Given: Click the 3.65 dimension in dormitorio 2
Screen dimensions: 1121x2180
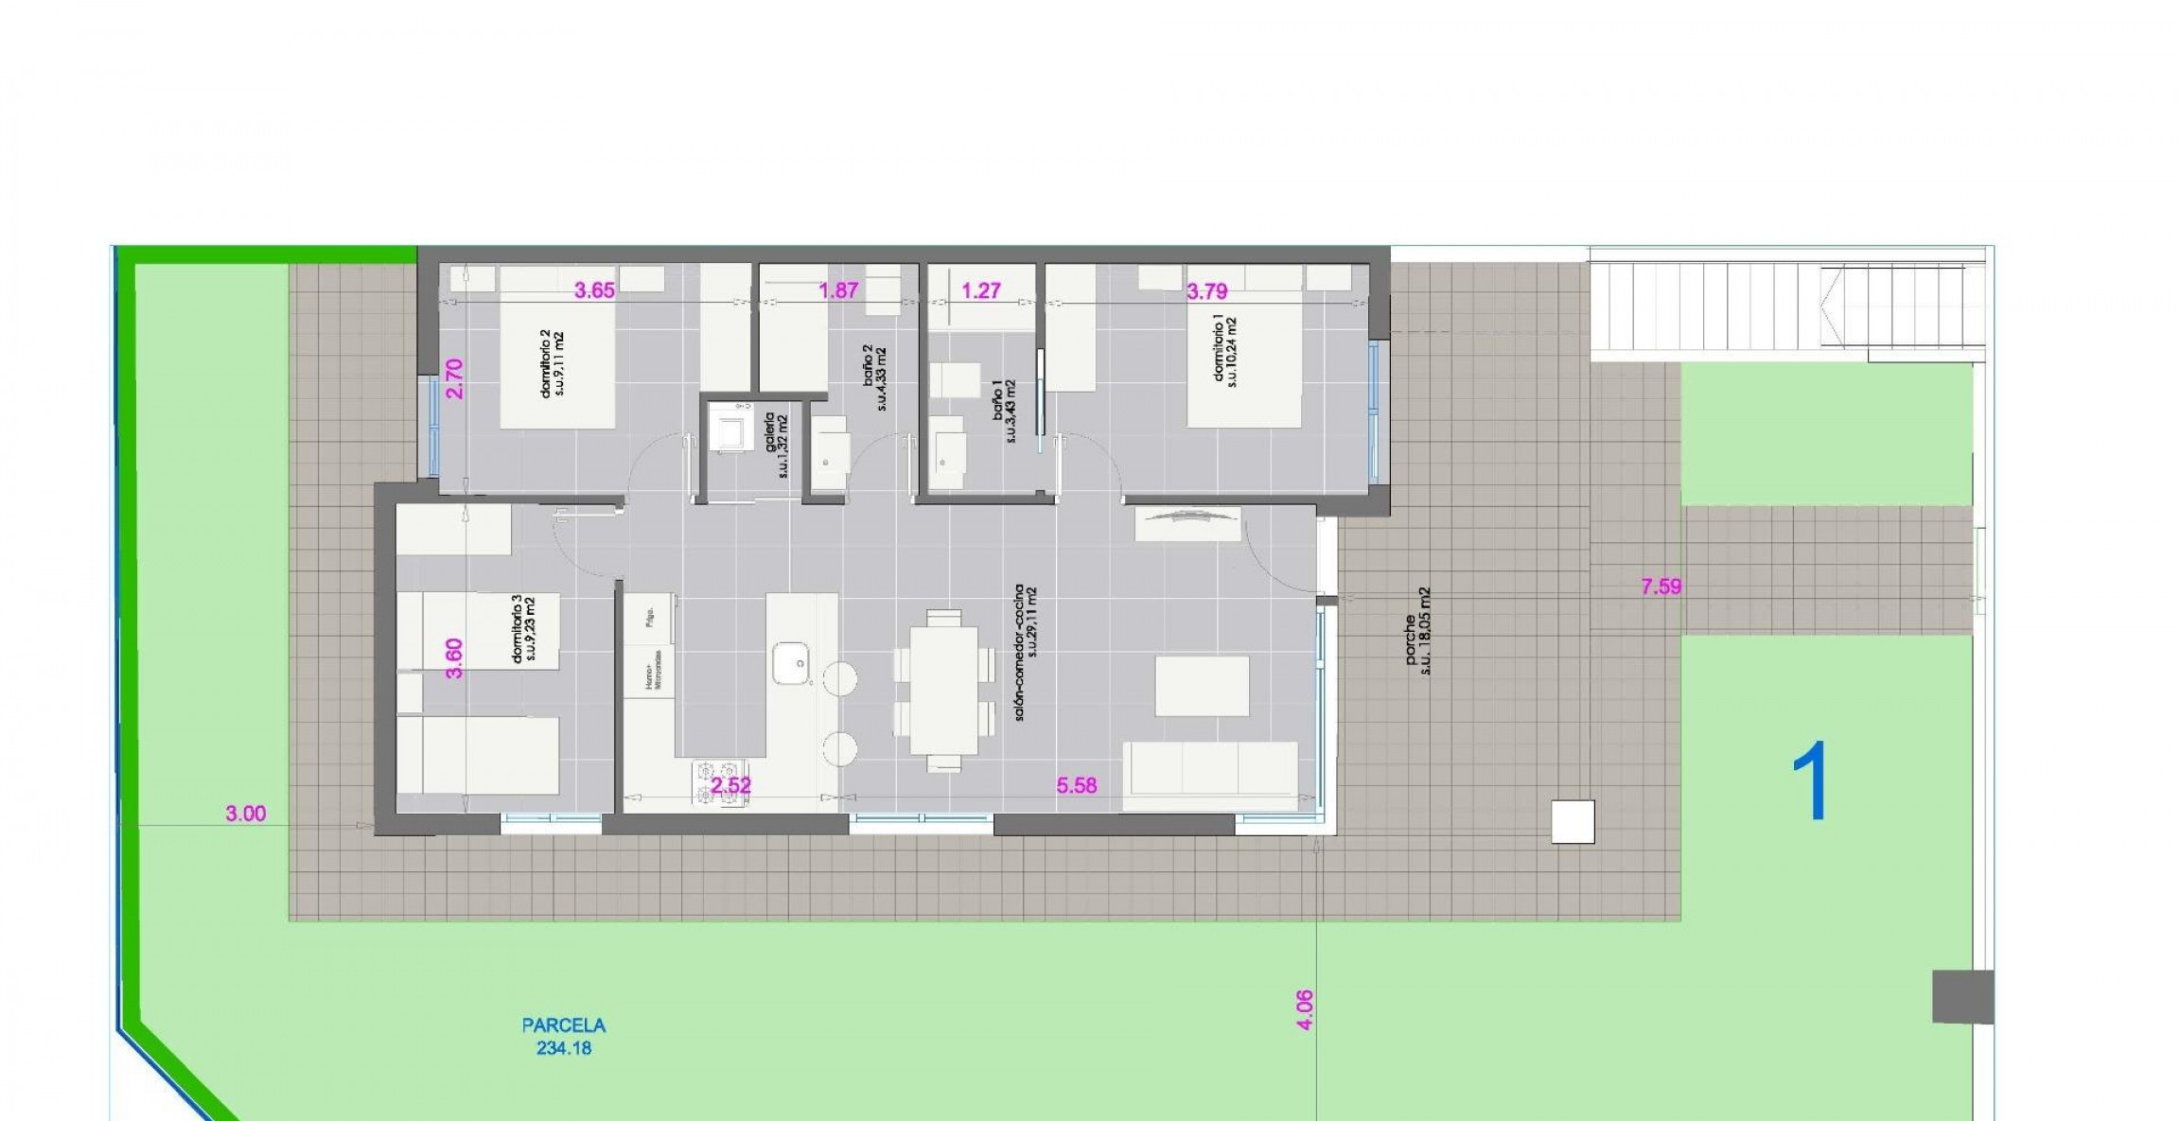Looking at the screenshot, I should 594,290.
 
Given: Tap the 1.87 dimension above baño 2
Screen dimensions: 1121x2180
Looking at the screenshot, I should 838,290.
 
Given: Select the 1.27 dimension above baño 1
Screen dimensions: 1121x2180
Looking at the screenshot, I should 981,290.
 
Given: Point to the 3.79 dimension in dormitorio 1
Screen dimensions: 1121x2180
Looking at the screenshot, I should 1206,291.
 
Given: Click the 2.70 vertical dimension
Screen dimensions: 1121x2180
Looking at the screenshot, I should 455,378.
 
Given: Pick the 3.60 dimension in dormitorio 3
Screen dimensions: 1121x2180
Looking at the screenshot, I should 455,658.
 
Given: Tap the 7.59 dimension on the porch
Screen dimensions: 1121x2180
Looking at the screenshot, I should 1661,587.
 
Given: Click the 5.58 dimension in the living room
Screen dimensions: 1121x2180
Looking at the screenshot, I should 1077,785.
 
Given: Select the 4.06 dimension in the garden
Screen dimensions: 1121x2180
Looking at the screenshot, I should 1304,1010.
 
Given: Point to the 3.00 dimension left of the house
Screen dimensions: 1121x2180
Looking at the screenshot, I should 245,814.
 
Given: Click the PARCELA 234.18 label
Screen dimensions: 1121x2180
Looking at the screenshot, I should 564,1036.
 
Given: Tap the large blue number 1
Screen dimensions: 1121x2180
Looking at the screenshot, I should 1811,781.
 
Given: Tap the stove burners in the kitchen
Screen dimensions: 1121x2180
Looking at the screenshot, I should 719,783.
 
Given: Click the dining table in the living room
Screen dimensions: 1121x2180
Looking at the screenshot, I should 943,691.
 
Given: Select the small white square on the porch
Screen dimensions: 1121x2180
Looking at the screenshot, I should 1573,821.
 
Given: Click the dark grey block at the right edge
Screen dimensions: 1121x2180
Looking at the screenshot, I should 1962,996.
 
